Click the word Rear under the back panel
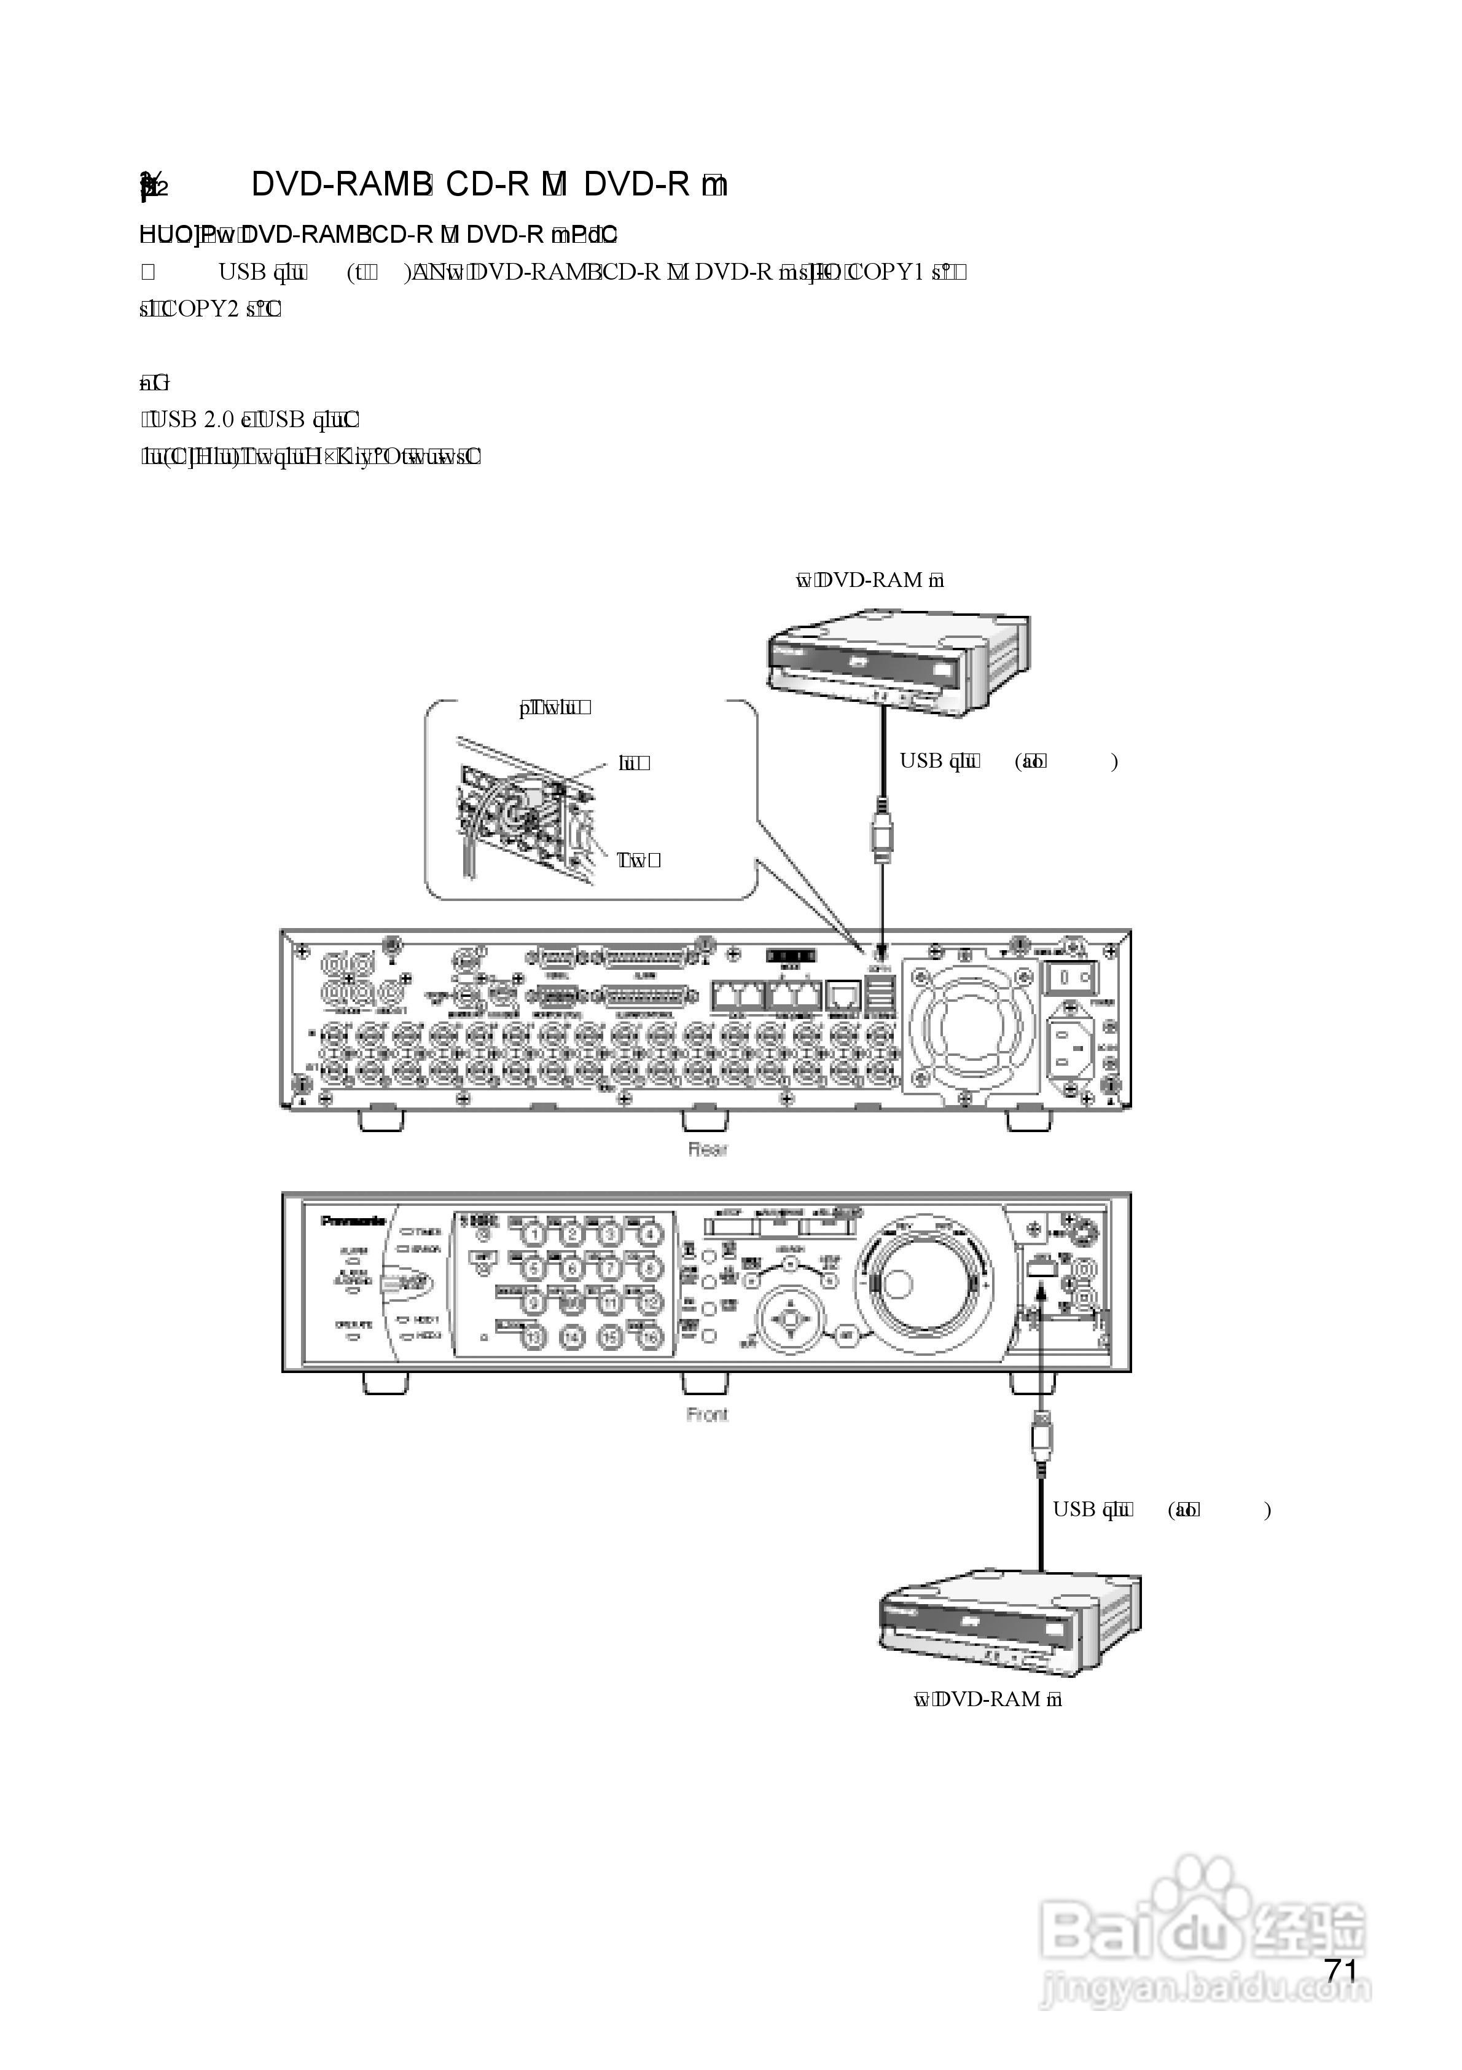pos(708,1149)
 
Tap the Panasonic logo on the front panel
pos(353,1221)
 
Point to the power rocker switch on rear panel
pos(1070,977)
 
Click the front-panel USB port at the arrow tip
pos(1039,1267)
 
